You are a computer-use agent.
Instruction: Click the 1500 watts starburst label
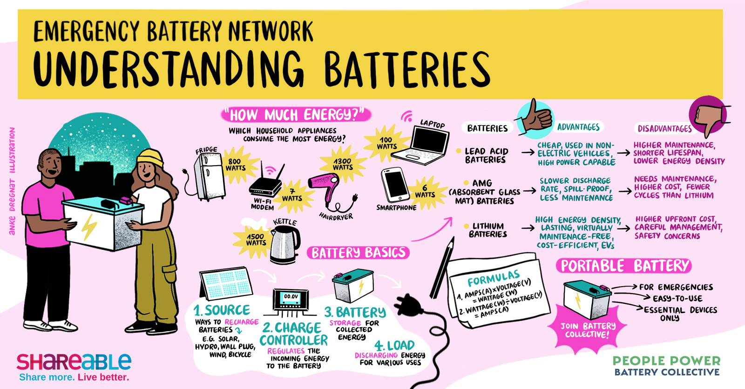(x=256, y=239)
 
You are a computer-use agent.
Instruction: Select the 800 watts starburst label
(x=235, y=165)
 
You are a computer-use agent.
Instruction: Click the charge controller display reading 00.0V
(x=291, y=297)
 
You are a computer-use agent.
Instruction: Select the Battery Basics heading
(x=358, y=253)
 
